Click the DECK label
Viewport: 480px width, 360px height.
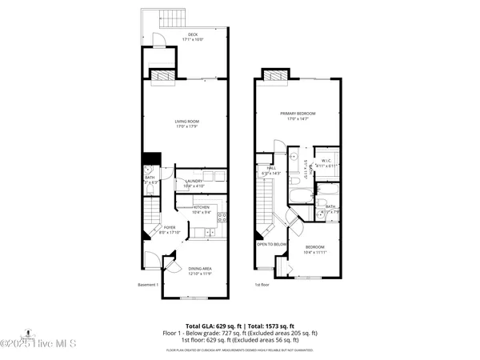pyautogui.click(x=192, y=34)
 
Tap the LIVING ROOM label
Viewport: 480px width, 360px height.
pyautogui.click(x=186, y=121)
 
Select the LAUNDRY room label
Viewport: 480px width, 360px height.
pyautogui.click(x=194, y=181)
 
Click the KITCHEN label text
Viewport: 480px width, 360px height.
pyautogui.click(x=201, y=207)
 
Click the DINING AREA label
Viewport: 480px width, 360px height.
pyautogui.click(x=201, y=269)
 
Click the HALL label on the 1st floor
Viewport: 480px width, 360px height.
pyautogui.click(x=271, y=167)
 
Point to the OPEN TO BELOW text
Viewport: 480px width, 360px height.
pyautogui.click(x=272, y=244)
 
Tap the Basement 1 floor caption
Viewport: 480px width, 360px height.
pyautogui.click(x=148, y=284)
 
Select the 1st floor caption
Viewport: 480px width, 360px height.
pyautogui.click(x=262, y=284)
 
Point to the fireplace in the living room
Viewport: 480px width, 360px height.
pyautogui.click(x=164, y=74)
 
